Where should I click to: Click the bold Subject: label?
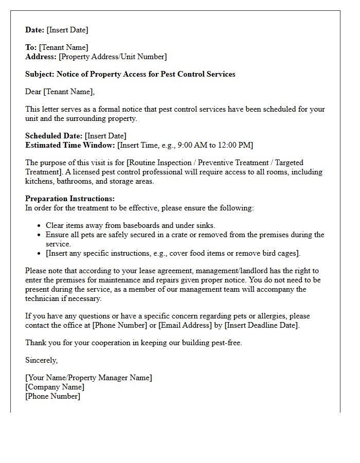[x=40, y=74]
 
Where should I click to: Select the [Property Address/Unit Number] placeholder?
[x=113, y=57]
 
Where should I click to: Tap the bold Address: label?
[x=41, y=57]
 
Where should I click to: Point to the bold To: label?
[x=31, y=47]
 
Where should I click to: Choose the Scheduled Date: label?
[x=53, y=136]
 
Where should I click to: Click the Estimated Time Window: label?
[x=70, y=145]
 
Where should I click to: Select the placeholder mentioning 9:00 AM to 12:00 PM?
[x=185, y=145]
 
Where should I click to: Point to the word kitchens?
[x=39, y=181]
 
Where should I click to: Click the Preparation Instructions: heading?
[x=70, y=199]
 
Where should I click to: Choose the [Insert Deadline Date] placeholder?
[x=261, y=325]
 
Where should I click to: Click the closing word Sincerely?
[x=41, y=360]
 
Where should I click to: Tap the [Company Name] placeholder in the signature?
[x=55, y=387]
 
